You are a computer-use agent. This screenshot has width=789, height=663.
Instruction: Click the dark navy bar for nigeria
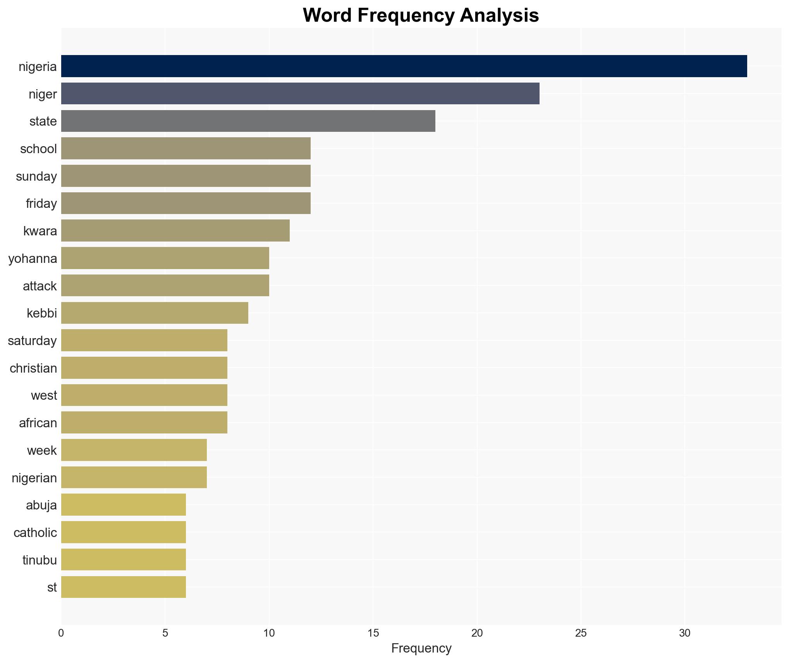coord(404,66)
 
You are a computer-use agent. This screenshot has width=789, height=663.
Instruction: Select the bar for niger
coord(300,93)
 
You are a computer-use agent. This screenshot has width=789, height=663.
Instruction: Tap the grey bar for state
coord(248,121)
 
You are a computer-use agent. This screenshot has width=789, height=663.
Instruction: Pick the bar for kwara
coord(175,231)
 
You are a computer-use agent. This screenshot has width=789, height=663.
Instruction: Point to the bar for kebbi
coord(155,313)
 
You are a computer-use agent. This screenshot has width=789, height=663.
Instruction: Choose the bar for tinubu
coord(123,559)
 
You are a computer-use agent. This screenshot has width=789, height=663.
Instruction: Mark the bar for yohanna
coord(165,258)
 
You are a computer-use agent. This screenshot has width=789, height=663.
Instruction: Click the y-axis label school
coord(38,149)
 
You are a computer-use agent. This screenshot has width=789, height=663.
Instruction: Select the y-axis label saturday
coord(32,341)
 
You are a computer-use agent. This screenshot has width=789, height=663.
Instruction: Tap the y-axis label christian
coord(33,368)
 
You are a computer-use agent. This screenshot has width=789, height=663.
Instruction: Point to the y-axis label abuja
coord(41,505)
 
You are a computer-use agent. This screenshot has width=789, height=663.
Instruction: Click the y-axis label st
coord(52,587)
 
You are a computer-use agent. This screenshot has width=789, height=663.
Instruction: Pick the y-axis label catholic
coord(35,533)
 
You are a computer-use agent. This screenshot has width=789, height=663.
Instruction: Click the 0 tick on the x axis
coord(61,633)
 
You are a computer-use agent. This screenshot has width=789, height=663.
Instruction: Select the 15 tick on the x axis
coord(373,633)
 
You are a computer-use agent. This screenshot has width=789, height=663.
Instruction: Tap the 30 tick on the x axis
coord(684,633)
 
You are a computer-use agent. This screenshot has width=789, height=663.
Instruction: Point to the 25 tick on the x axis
coord(581,633)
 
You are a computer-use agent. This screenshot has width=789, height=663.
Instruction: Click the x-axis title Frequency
coord(421,648)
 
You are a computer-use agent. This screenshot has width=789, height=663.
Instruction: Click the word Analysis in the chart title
coord(499,16)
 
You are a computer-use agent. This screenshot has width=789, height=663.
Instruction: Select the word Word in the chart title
coord(327,16)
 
